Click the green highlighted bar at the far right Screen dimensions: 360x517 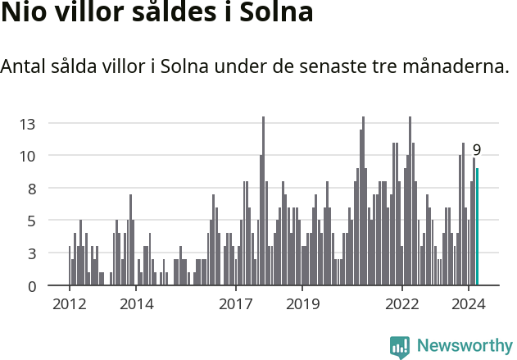tap(477, 227)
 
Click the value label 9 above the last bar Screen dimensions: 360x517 tap(476, 150)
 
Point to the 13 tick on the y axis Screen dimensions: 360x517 tap(28, 124)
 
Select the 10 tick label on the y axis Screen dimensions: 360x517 tap(28, 156)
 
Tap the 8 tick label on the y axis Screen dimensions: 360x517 tap(32, 189)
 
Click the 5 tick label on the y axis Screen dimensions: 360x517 tap(32, 221)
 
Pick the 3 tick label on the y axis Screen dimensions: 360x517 tap(32, 253)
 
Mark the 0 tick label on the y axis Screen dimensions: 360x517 tap(32, 286)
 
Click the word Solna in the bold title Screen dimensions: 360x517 tap(275, 15)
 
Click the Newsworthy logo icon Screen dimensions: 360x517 tap(400, 347)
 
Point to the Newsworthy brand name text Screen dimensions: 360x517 tap(465, 346)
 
